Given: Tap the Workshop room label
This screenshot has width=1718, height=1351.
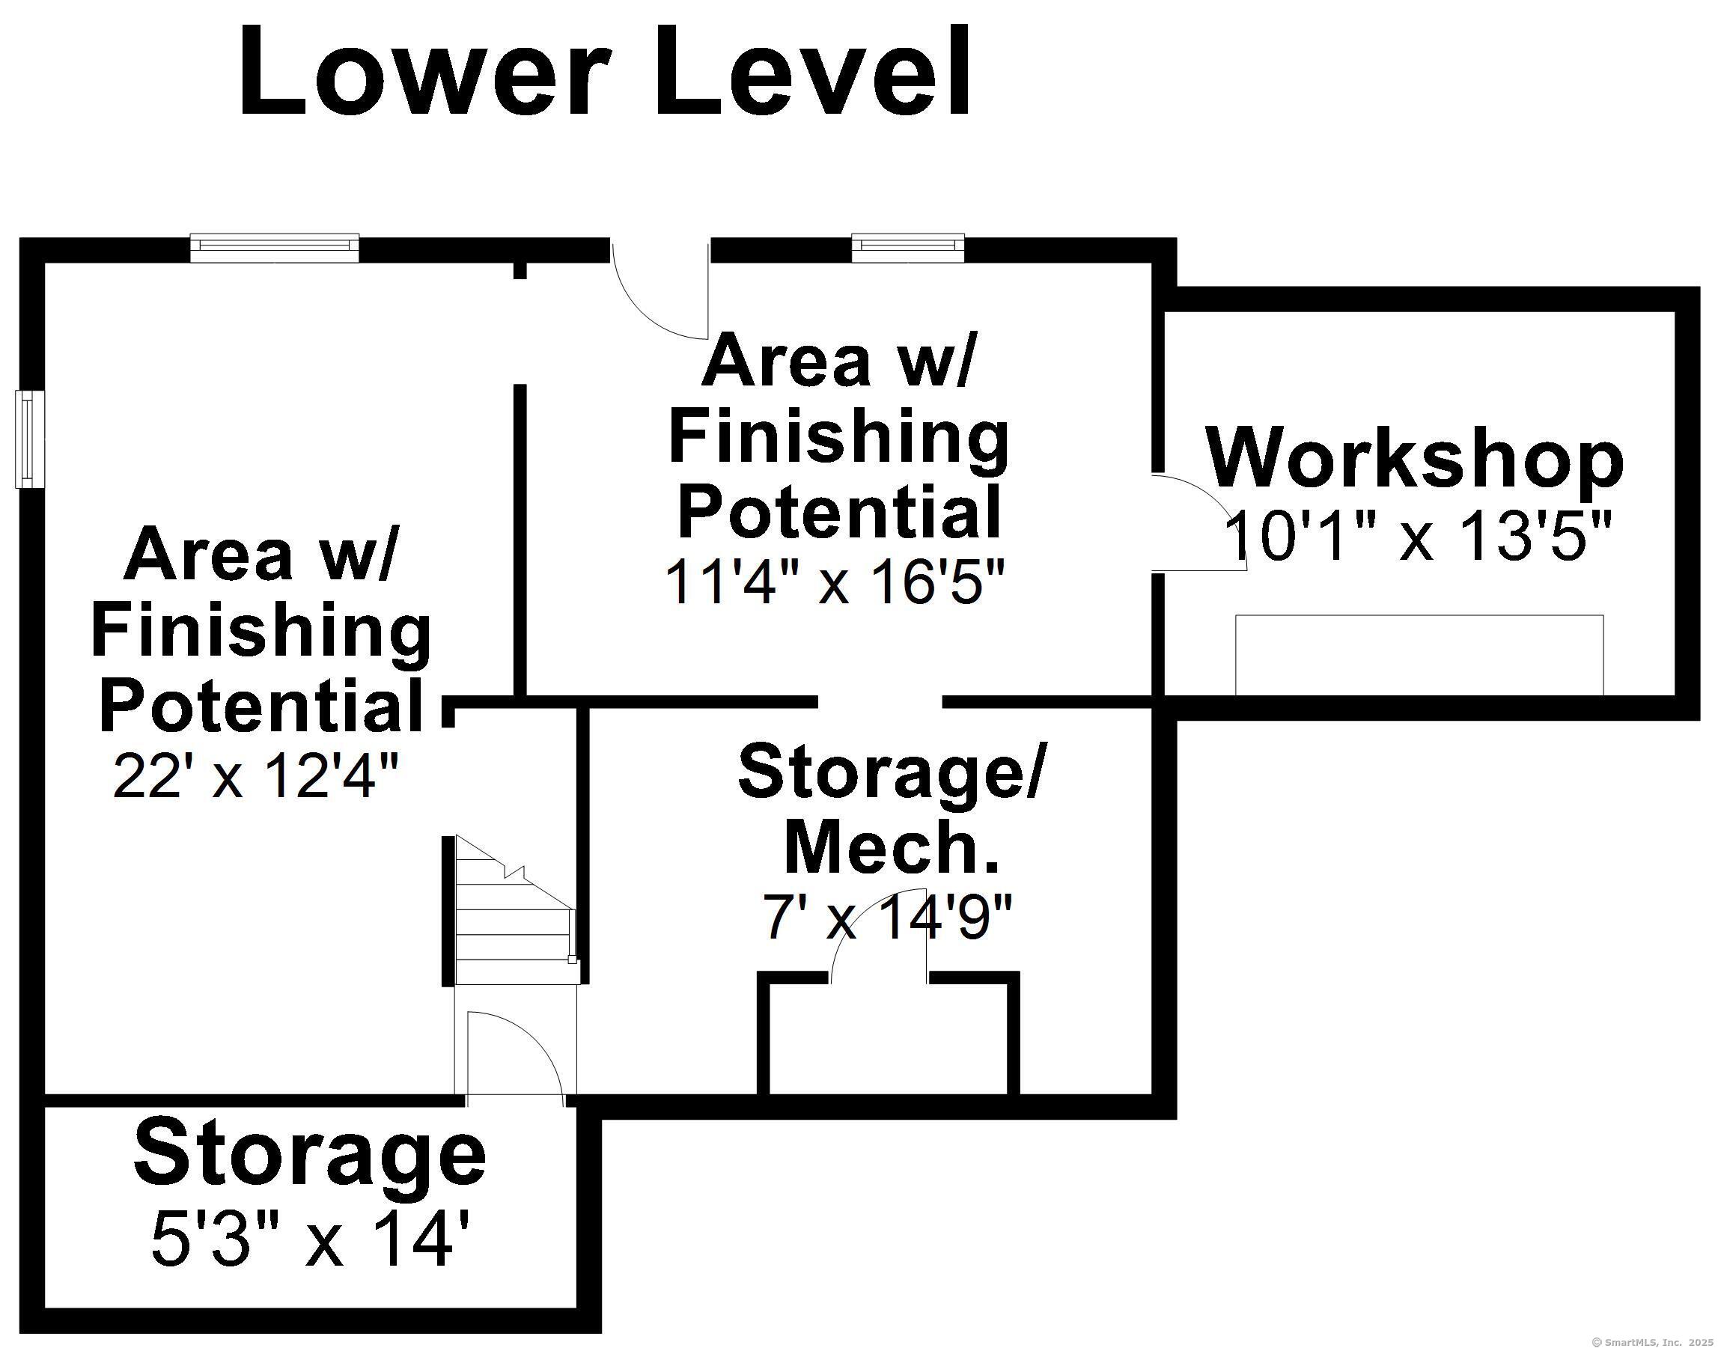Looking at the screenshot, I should (x=1414, y=459).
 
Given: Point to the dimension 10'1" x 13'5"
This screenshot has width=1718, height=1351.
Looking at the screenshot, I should (x=1417, y=537).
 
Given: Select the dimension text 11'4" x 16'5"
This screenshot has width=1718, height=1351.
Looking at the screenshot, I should (x=835, y=582).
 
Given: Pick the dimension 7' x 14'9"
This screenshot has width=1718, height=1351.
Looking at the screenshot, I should (x=886, y=918).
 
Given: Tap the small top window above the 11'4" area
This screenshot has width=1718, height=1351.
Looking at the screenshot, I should (x=908, y=247).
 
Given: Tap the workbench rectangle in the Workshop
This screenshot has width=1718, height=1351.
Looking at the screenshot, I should (x=1419, y=654).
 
